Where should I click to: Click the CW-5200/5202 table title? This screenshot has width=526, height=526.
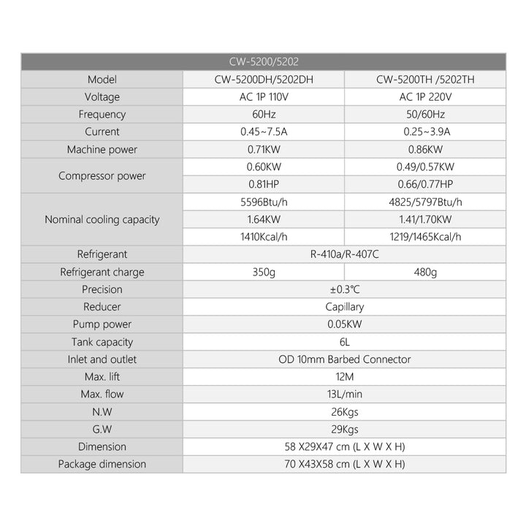pos(263,62)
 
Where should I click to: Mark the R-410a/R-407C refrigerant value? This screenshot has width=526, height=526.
pos(343,254)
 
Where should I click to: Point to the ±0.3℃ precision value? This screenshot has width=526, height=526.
pos(343,290)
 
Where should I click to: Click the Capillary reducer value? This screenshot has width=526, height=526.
pos(343,308)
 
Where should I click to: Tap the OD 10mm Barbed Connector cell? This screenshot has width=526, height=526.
pos(343,359)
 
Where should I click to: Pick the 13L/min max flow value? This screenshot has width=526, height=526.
pos(343,394)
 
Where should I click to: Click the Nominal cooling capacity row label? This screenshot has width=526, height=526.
pos(102,219)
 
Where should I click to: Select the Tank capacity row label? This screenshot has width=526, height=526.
pos(102,342)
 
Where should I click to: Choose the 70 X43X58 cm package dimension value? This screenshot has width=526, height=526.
pos(343,464)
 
